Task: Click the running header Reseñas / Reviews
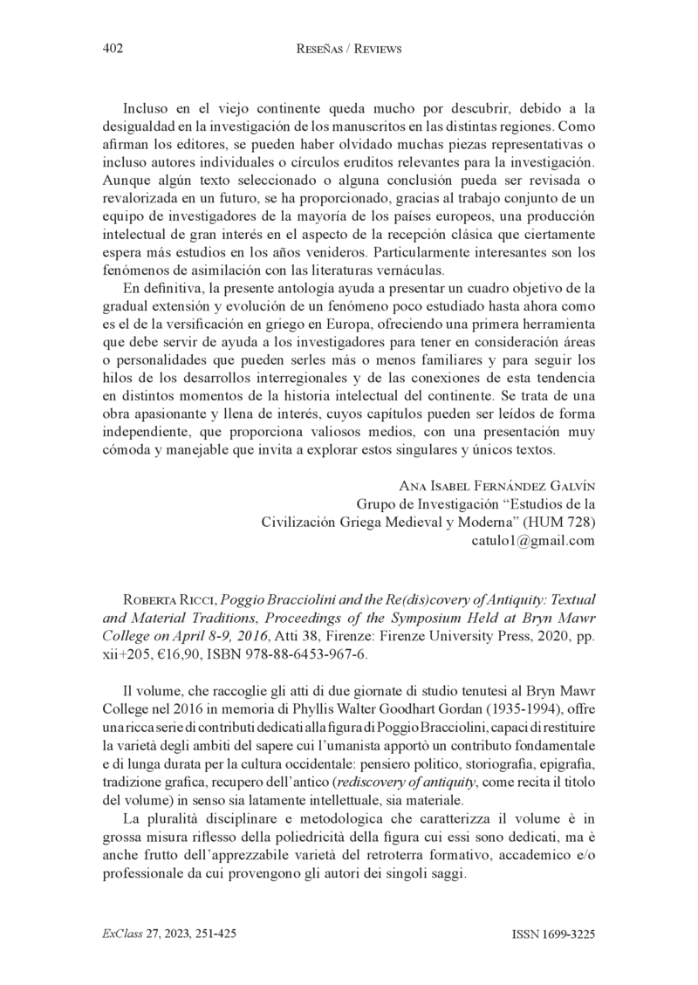coord(348,50)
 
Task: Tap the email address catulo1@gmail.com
coord(533,541)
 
